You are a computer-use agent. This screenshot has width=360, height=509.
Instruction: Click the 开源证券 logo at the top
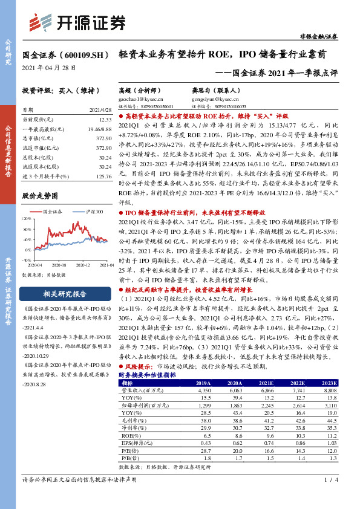click(78, 22)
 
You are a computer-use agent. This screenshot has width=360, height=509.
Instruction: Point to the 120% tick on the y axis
click(28, 218)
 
